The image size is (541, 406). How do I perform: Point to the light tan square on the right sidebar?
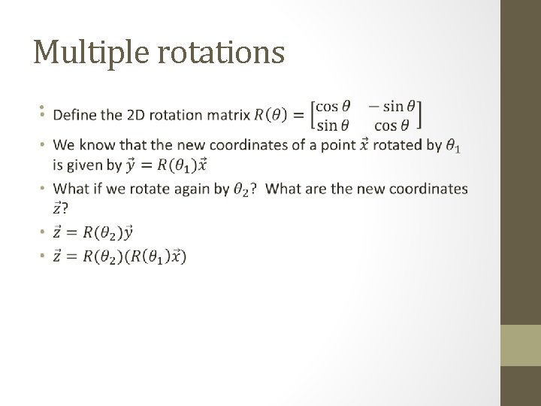point(520,345)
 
